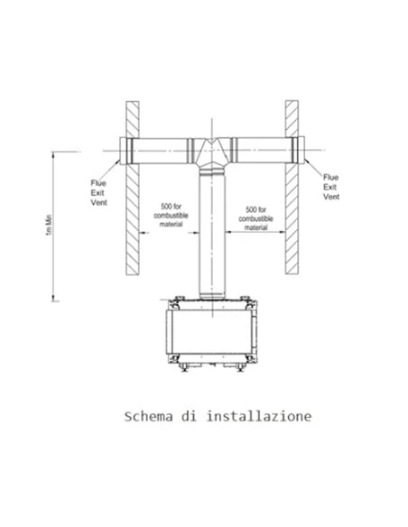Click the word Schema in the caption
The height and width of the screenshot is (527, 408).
pyautogui.click(x=149, y=417)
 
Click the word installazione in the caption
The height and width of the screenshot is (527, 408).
pyautogui.click(x=259, y=416)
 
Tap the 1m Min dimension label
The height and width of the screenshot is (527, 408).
pyautogui.click(x=49, y=225)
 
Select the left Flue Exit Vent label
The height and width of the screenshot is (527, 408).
pyautogui.click(x=98, y=193)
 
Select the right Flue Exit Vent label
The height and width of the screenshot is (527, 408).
pyautogui.click(x=331, y=187)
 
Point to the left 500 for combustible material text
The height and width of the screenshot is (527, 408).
pyautogui.click(x=171, y=215)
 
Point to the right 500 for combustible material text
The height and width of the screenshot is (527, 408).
pyautogui.click(x=255, y=218)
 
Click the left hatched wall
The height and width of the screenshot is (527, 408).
pyautogui.click(x=133, y=189)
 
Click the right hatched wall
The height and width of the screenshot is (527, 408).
pyautogui.click(x=292, y=187)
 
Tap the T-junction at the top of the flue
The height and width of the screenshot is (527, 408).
pyautogui.click(x=212, y=153)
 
